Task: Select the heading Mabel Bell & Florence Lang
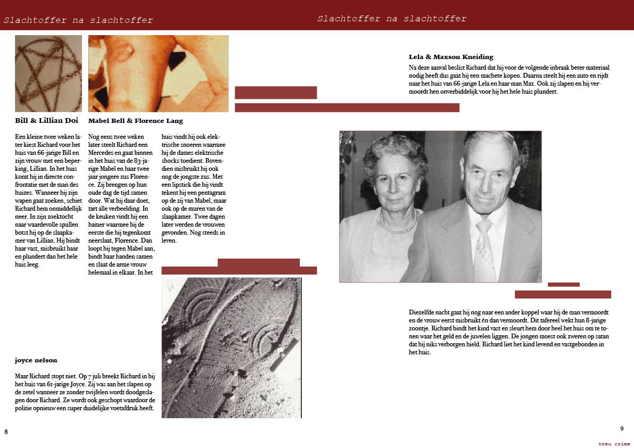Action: (135, 121)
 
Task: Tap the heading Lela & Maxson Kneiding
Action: (451, 57)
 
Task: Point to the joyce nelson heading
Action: (36, 360)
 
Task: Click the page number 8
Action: (6, 432)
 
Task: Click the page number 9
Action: (621, 429)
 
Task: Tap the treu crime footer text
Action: (614, 444)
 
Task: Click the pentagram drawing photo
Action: (48, 73)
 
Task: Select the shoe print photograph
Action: (231, 347)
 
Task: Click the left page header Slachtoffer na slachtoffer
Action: (78, 21)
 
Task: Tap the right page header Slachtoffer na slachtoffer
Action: (392, 19)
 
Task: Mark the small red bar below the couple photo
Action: (563, 285)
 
